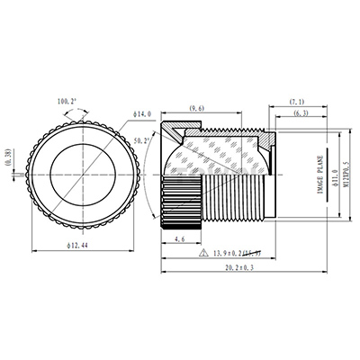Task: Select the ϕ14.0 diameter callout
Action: click(147, 114)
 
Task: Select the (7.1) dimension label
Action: click(300, 102)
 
